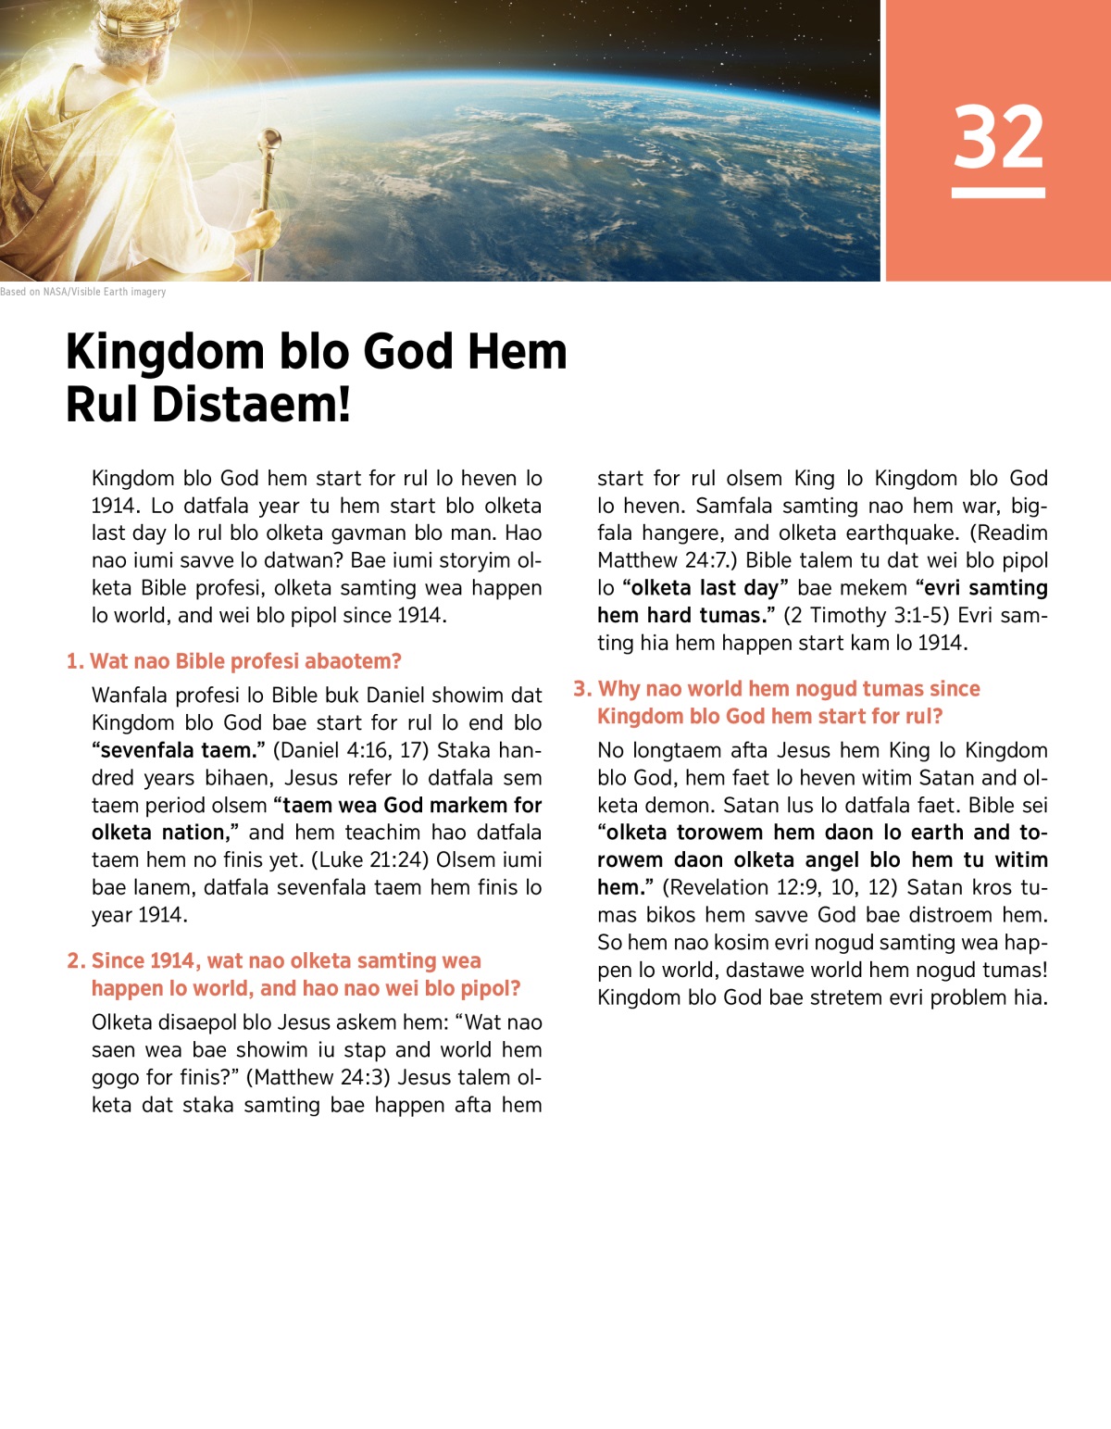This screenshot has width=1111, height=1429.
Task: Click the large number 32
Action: (x=998, y=137)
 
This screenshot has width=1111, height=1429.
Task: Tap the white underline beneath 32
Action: (x=998, y=193)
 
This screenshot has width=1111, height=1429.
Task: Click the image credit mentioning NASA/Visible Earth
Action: (x=83, y=292)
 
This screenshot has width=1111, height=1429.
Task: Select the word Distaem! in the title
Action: (x=251, y=405)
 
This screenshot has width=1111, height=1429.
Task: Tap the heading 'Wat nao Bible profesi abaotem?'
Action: (x=245, y=661)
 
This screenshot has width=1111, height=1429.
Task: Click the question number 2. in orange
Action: (x=76, y=961)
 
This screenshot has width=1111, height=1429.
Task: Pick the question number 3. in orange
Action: (x=582, y=689)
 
